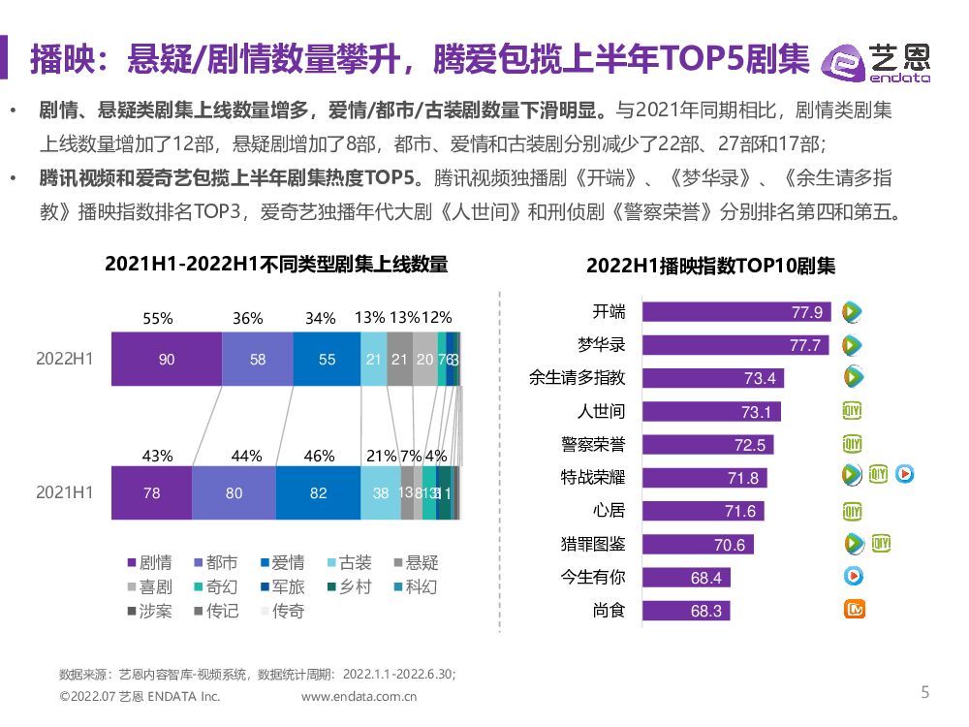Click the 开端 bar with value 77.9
(x=736, y=312)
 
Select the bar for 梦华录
(x=735, y=345)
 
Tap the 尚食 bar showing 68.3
(x=685, y=611)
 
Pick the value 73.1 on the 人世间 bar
(x=755, y=412)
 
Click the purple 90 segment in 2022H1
(x=167, y=360)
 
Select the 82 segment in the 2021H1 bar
(x=318, y=492)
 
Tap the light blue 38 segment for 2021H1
(x=381, y=492)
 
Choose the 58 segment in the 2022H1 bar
(x=257, y=360)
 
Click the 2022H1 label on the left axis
(x=65, y=359)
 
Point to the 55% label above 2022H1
(x=158, y=318)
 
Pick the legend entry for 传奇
(x=280, y=612)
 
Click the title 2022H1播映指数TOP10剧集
(x=709, y=267)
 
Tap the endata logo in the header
(x=876, y=62)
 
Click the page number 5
(x=924, y=692)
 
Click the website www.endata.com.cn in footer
(x=359, y=696)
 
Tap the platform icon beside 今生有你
(x=853, y=577)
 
